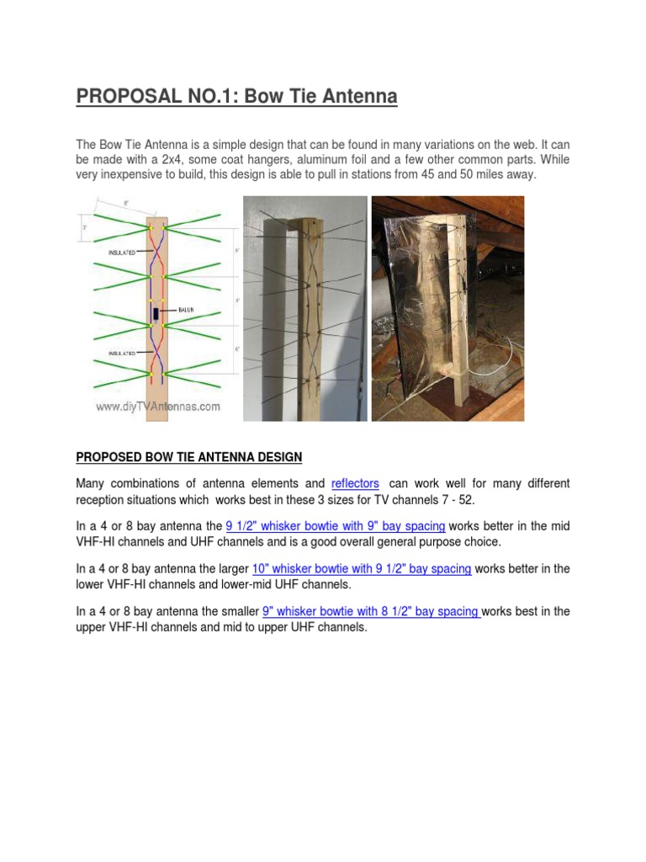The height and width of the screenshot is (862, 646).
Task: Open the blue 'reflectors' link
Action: tap(355, 484)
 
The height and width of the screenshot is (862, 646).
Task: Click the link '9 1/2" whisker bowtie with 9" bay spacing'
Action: tap(336, 526)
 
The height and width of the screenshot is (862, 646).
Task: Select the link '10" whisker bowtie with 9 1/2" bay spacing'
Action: tap(362, 569)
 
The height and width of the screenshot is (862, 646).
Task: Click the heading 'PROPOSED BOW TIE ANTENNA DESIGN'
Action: tap(188, 457)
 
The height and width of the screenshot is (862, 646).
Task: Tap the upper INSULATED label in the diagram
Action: tap(122, 251)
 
